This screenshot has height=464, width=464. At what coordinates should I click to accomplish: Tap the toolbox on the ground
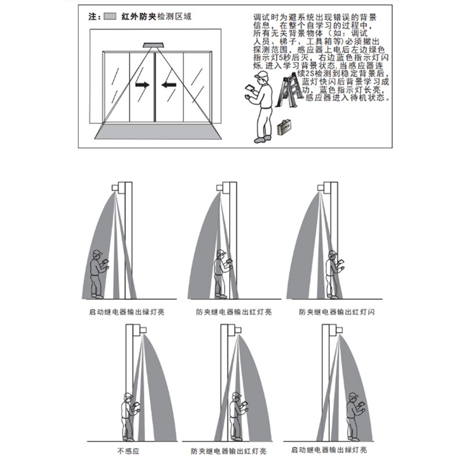284,127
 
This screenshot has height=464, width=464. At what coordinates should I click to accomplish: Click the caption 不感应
128,450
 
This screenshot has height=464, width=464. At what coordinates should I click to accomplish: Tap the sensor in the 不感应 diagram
140,329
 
